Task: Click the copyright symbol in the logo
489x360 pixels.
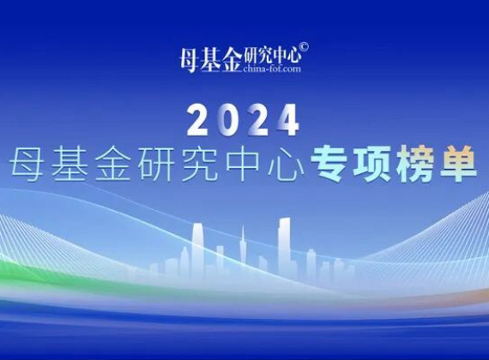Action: [x=304, y=47]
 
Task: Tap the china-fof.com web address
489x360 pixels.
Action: [x=272, y=69]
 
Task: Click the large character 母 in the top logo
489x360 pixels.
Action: [x=190, y=61]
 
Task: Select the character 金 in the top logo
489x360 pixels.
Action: [x=231, y=61]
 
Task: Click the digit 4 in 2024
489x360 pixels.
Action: [x=287, y=120]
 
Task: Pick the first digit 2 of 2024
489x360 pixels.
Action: [x=199, y=120]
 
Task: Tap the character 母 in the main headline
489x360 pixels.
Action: [x=27, y=164]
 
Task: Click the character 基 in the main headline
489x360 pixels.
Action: [x=69, y=164]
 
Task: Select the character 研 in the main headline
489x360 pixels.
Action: [x=155, y=164]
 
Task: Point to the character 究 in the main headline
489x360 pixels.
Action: [x=199, y=164]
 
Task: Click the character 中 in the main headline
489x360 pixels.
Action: [x=243, y=164]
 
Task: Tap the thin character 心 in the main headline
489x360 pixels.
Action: [x=286, y=165]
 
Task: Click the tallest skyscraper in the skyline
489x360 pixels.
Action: [x=285, y=246]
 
